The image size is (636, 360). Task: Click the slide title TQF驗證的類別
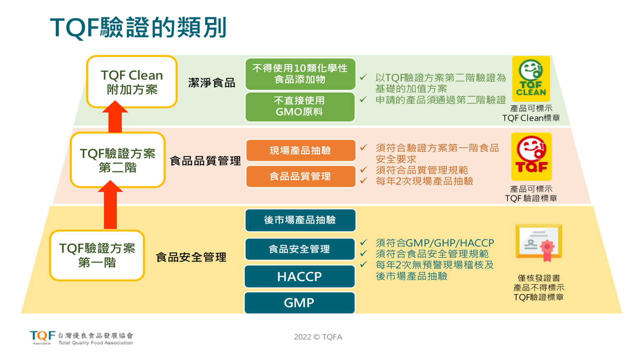coord(138,28)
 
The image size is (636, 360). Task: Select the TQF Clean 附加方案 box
coord(132,82)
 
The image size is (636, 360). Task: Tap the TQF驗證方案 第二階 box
coord(118,160)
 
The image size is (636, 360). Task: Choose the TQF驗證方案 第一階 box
coord(97,255)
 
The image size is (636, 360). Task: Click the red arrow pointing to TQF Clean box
coord(115,116)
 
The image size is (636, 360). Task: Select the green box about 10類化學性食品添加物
coord(300,74)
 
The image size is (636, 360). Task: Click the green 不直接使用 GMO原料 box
coord(300,106)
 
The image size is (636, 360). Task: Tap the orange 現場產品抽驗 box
coord(301,150)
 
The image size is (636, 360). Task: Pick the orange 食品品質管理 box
coord(301,176)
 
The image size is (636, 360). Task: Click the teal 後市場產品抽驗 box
coord(300,220)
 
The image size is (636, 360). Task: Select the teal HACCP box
coord(300,277)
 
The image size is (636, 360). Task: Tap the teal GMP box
coord(300,303)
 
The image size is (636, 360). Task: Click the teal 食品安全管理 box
coord(300,249)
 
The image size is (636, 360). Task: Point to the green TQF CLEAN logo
coord(531,79)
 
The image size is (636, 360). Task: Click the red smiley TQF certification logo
coord(531,157)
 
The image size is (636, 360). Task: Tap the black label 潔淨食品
coord(211,83)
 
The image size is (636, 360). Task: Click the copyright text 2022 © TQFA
coord(318,337)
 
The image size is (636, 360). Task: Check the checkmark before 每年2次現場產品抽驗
coord(364,181)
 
